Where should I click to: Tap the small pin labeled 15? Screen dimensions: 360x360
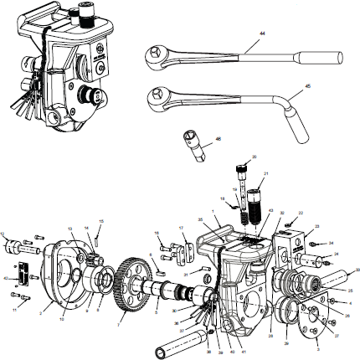pyautogui.click(x=100, y=237)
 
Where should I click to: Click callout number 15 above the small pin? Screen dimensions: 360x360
pyautogui.click(x=100, y=221)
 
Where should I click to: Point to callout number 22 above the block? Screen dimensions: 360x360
pyautogui.click(x=301, y=213)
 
